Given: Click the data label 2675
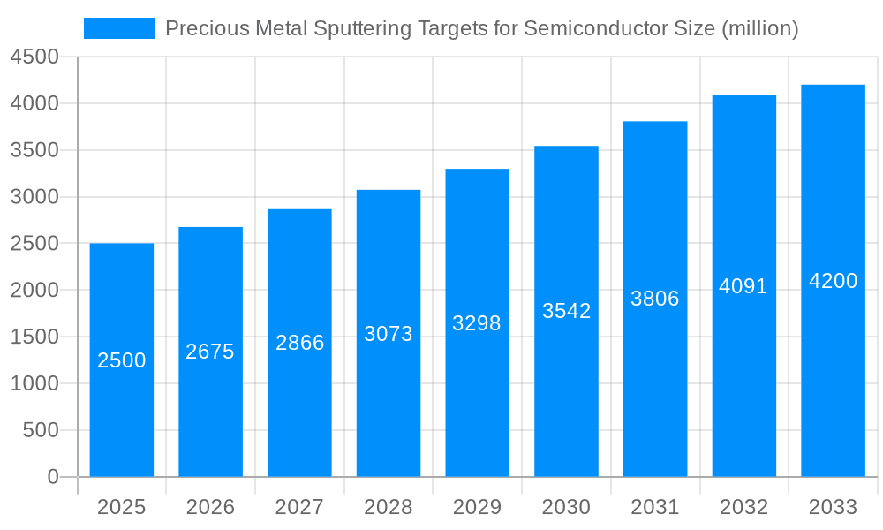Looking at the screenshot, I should point(210,352).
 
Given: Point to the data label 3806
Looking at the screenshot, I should point(655,299).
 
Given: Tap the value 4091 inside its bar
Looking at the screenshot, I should point(743,286).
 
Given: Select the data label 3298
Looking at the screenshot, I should point(477,323).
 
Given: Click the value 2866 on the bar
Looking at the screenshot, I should point(300,343).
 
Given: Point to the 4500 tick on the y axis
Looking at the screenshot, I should point(34,57).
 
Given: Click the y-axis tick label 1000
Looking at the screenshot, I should point(34,383).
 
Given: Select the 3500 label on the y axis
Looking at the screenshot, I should point(34,150).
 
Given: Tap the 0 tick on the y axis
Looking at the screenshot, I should point(52,477).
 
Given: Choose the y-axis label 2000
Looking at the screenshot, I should point(34,290).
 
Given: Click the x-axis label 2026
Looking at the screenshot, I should point(210,507).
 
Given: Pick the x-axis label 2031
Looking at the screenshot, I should point(655,507).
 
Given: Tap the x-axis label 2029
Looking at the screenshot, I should point(477,507).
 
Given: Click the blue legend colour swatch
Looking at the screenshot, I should point(119,28).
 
